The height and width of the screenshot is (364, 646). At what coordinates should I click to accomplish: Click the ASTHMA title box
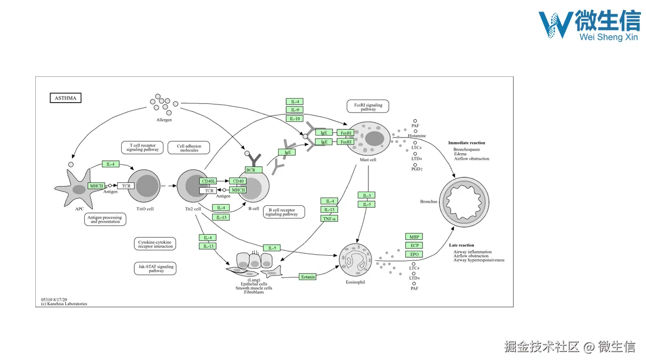(x=66, y=98)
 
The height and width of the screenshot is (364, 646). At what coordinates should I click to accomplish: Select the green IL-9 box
(x=294, y=110)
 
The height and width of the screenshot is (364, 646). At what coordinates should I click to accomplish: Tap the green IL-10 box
(x=294, y=119)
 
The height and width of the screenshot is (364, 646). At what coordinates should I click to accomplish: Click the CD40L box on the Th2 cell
(x=208, y=181)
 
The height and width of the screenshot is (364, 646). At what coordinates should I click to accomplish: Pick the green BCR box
(x=253, y=170)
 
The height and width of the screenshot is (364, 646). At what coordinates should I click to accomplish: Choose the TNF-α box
(x=329, y=219)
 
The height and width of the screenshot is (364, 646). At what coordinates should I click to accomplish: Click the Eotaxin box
(x=308, y=277)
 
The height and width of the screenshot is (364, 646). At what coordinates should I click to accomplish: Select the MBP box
(x=414, y=237)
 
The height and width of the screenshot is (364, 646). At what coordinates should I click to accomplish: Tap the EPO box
(x=414, y=254)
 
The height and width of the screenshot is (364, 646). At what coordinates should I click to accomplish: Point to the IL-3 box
(x=366, y=195)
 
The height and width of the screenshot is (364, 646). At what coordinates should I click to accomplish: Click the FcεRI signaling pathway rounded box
(x=368, y=106)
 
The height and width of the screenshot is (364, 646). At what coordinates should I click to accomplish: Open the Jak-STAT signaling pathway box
(x=155, y=268)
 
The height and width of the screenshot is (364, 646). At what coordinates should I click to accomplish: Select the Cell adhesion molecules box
(x=189, y=148)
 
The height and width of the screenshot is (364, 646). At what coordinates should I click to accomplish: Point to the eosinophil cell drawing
(x=355, y=260)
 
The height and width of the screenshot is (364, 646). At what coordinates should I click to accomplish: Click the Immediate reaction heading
(x=467, y=143)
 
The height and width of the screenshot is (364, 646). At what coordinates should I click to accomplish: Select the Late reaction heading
(x=461, y=245)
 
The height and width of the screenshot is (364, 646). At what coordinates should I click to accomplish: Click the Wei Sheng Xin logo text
(x=609, y=37)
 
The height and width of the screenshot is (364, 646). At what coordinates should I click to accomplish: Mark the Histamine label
(x=417, y=136)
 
